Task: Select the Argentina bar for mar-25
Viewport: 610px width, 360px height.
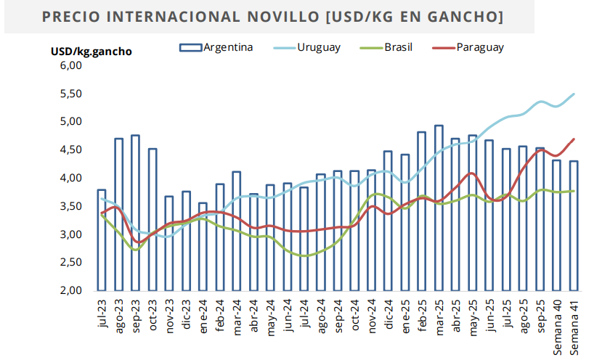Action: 439,208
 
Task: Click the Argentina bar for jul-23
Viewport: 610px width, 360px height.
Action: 102,240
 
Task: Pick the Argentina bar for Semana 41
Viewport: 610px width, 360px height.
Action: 574,226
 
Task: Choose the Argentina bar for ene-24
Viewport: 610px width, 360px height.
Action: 203,247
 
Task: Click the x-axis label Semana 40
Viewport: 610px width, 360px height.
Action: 557,326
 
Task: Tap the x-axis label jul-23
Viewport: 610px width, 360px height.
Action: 102,316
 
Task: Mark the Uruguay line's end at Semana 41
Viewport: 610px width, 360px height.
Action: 574,94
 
